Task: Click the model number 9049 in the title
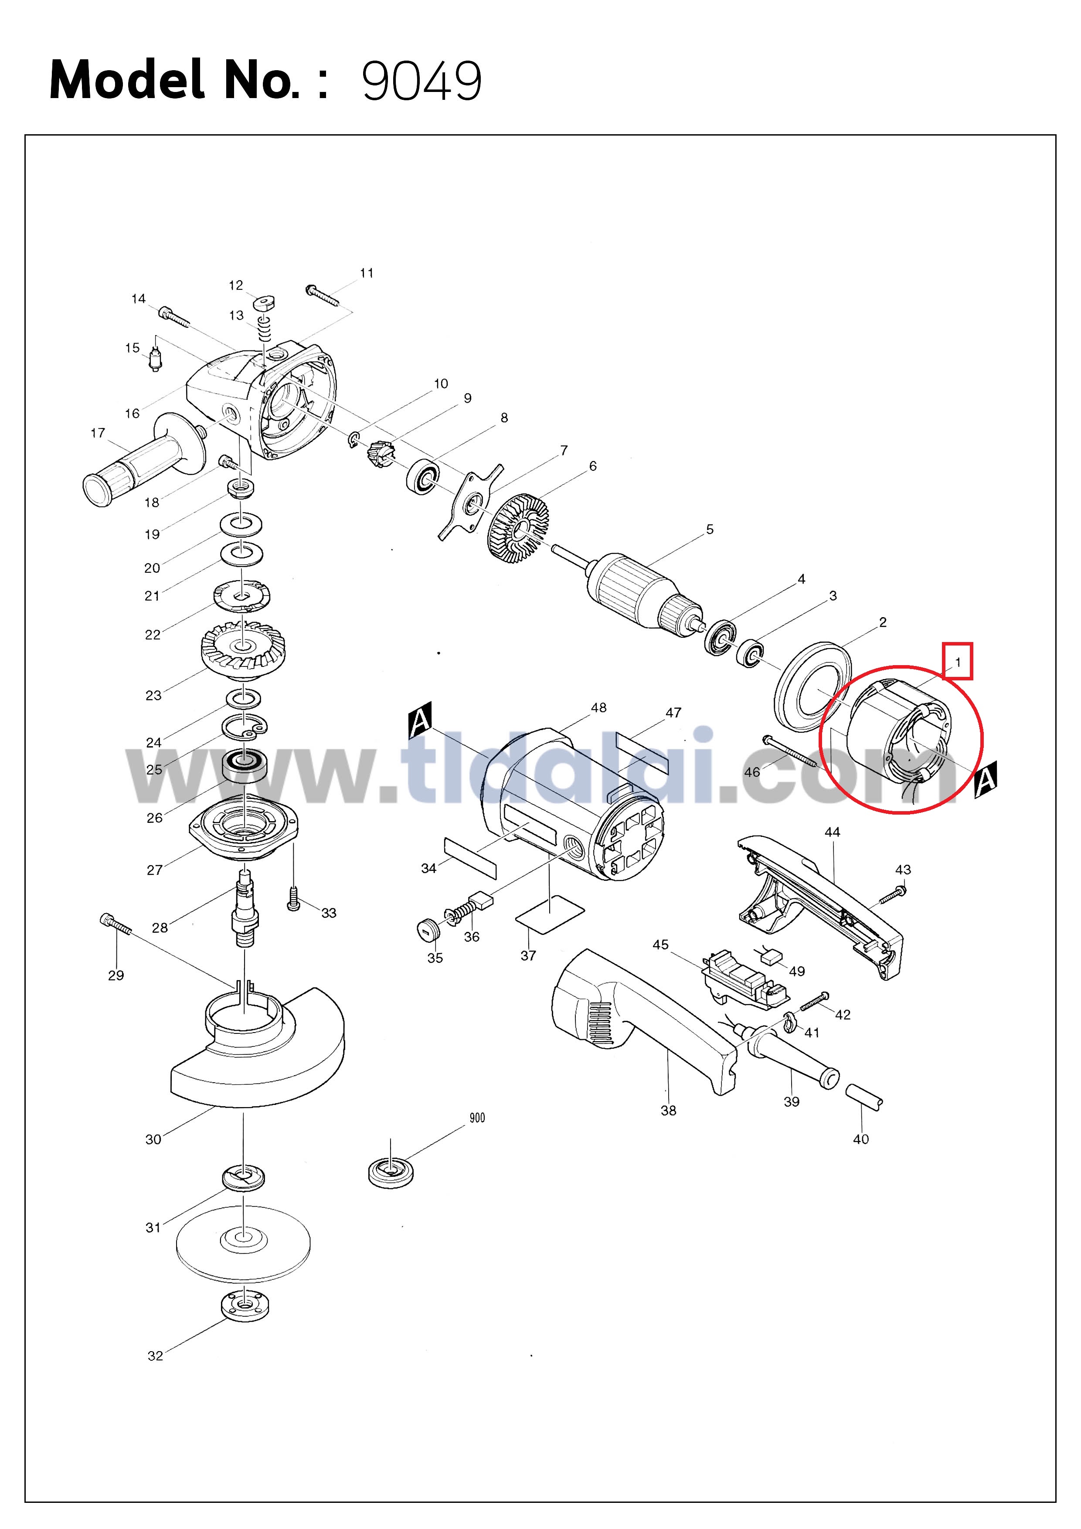pyautogui.click(x=422, y=81)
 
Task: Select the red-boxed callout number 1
pyautogui.click(x=958, y=662)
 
